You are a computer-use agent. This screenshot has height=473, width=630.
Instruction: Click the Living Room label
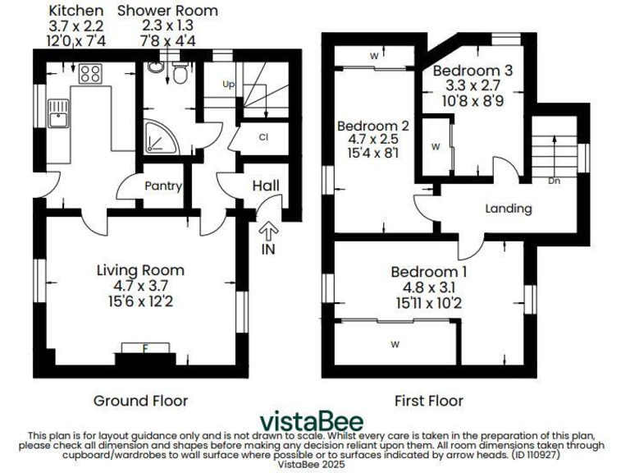(x=140, y=270)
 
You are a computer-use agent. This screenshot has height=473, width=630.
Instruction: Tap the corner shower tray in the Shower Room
(x=157, y=139)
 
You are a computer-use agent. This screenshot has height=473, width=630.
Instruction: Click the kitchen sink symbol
(x=58, y=113)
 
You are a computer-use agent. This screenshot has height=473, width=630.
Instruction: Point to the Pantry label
(x=162, y=186)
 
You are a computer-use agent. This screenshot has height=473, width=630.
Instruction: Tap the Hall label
(x=266, y=187)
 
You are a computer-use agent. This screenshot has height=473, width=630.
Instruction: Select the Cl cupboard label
(x=264, y=137)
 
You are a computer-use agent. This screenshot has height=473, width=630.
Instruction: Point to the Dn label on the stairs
(x=555, y=181)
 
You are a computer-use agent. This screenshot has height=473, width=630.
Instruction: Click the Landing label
(x=508, y=209)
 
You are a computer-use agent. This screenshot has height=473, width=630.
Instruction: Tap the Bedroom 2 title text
(x=373, y=126)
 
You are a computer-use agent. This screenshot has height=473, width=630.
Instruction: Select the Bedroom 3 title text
(x=472, y=71)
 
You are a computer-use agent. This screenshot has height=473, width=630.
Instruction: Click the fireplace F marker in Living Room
(x=145, y=348)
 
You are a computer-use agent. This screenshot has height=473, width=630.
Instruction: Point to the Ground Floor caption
(x=140, y=401)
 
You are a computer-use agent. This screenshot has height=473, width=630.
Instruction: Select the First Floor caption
(x=428, y=401)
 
